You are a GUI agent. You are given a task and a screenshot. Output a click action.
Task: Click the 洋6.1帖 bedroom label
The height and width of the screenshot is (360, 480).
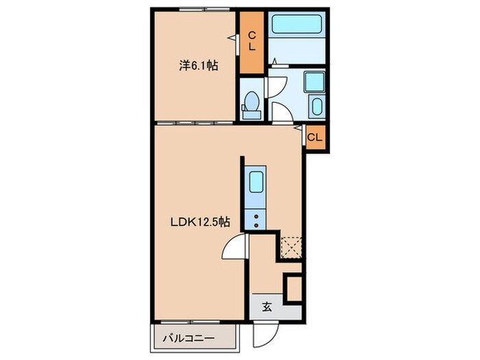click(198, 66)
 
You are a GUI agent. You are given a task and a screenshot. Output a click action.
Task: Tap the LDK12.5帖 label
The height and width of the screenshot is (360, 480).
click(200, 221)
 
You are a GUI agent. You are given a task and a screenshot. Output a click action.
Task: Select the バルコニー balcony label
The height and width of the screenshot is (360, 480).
click(189, 338)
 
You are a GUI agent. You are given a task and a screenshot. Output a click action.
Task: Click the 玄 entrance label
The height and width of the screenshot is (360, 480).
click(267, 307)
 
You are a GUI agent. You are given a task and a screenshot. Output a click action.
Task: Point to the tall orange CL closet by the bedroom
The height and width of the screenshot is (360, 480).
click(252, 43)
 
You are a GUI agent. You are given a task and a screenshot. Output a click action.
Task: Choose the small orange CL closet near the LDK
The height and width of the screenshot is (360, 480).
click(315, 137)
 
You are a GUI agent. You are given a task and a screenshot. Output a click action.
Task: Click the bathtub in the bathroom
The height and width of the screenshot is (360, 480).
click(296, 24)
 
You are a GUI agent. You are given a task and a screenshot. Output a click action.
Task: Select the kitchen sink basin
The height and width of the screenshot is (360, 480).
click(256, 182)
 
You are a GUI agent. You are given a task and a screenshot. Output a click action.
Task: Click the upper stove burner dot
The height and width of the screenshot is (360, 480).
click(256, 217)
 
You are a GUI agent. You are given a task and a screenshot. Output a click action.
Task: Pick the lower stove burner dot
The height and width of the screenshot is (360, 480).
click(256, 226)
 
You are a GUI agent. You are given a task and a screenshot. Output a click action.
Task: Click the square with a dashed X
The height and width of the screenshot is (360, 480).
click(291, 248)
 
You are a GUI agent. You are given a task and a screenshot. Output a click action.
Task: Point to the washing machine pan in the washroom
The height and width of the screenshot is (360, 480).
click(314, 82)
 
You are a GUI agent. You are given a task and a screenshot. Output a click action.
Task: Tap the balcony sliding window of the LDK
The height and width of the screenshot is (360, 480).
click(191, 322)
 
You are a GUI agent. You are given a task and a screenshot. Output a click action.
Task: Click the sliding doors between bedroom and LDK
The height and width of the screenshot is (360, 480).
click(195, 123)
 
